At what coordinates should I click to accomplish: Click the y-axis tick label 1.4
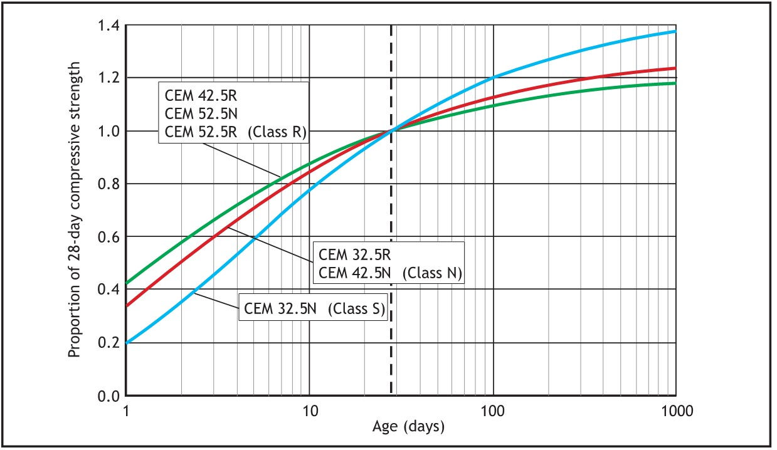click(x=108, y=26)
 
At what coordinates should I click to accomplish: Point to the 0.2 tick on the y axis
click(x=108, y=343)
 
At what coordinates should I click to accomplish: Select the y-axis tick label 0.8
click(x=108, y=184)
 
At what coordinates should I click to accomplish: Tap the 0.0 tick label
click(x=108, y=396)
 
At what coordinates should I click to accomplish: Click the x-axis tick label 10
click(x=309, y=411)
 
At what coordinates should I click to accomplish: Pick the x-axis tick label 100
click(x=493, y=411)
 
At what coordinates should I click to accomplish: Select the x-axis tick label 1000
click(x=675, y=411)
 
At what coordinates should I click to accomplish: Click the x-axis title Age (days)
click(x=408, y=427)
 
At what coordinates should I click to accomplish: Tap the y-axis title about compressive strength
click(x=75, y=209)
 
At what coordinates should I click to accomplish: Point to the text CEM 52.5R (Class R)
click(x=233, y=132)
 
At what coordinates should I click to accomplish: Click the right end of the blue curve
click(x=675, y=31)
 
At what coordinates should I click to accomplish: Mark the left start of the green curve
click(x=127, y=284)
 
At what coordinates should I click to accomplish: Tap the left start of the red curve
click(x=127, y=306)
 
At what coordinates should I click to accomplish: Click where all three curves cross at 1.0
click(x=392, y=130)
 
